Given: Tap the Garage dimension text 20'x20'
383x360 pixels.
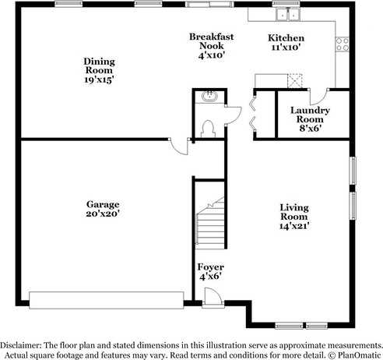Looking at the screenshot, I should point(103,214).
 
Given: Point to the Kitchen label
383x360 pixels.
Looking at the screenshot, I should point(286,38).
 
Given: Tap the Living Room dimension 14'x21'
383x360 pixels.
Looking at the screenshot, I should point(295,227).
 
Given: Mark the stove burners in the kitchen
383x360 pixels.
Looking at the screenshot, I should point(341,43).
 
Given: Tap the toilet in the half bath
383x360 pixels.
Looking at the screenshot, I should point(208,129).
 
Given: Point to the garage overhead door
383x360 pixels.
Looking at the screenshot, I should point(105,297).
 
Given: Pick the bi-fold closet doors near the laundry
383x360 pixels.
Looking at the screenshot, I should point(251,112).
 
